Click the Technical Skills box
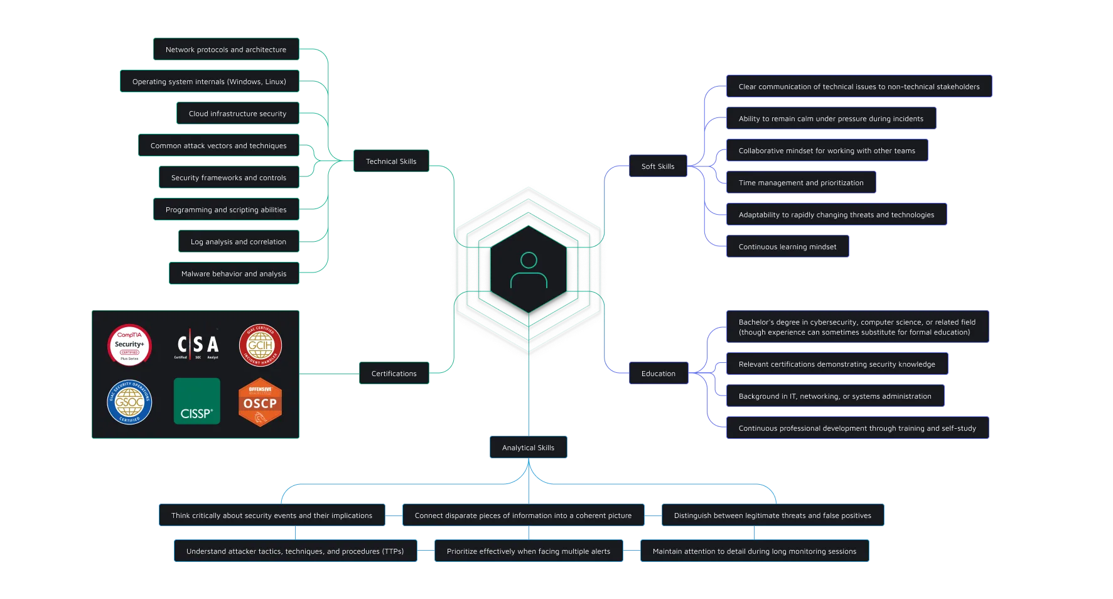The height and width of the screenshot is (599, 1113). (391, 161)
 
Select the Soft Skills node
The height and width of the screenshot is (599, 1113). (657, 166)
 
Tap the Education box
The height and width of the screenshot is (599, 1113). (658, 374)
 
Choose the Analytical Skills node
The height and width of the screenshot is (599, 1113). (528, 448)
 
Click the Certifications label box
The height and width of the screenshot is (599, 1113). (394, 374)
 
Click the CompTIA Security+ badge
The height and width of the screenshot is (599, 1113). (129, 345)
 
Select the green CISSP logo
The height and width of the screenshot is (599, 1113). (196, 401)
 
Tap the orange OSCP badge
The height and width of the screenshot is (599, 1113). (260, 402)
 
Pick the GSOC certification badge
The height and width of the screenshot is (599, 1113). (129, 402)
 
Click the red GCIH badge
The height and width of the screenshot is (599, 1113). (260, 345)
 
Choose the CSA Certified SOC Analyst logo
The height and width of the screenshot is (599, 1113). (196, 345)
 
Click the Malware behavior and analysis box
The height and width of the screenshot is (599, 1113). (234, 274)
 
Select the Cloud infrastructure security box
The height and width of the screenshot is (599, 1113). (237, 114)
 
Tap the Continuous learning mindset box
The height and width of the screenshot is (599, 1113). (787, 247)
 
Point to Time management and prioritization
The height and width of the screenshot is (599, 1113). (800, 183)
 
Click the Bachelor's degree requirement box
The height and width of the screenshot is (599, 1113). (856, 327)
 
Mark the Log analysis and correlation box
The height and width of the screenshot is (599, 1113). (238, 242)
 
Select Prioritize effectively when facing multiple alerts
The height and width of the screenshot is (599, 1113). (528, 551)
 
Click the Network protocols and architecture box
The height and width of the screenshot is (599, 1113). (226, 50)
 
